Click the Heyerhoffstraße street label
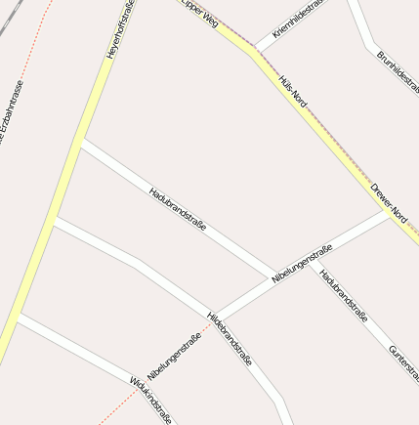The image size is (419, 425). (x=120, y=29)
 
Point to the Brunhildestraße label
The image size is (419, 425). (x=398, y=72)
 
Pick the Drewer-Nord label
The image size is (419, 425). (x=388, y=198)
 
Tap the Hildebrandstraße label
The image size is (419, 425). (x=230, y=339)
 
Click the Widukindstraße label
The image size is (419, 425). (x=150, y=398)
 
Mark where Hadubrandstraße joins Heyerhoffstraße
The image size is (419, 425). (x=81, y=144)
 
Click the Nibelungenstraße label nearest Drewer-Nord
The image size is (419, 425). (x=302, y=264)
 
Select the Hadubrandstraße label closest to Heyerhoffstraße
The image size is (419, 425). (x=177, y=208)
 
